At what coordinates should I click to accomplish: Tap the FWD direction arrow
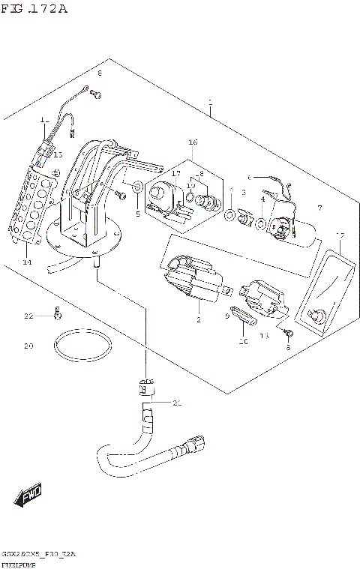[29, 496]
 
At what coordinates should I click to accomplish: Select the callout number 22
[28, 316]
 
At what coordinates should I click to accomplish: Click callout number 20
[28, 346]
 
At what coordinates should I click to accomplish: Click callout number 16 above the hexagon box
[192, 142]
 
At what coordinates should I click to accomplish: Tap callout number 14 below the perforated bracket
[27, 262]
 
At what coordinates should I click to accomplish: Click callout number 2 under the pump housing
[199, 320]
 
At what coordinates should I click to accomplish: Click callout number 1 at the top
[211, 101]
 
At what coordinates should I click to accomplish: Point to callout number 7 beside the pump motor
[319, 208]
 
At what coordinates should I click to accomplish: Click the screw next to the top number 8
[94, 94]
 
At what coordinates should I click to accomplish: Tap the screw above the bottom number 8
[288, 331]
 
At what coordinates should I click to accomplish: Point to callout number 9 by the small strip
[226, 316]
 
